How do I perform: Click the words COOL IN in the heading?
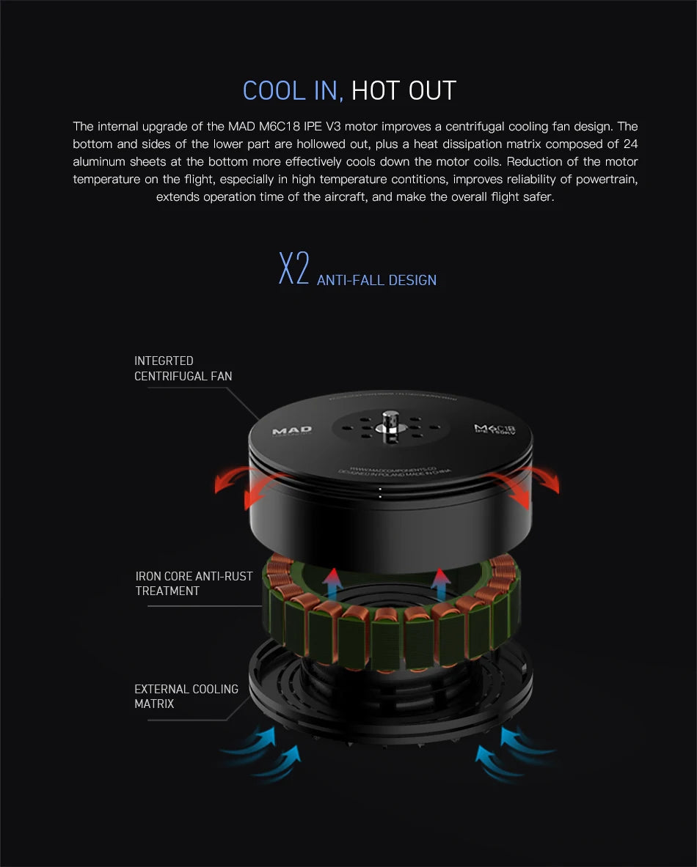point(292,91)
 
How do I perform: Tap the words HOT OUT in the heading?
point(404,91)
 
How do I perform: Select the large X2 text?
point(293,269)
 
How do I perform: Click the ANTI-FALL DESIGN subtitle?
point(376,280)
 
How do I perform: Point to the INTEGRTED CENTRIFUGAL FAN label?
point(183,369)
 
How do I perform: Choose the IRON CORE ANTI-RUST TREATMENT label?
point(194,583)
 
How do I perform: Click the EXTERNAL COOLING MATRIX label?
point(186,696)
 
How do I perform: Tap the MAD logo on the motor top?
point(292,431)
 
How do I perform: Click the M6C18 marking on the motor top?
point(494,429)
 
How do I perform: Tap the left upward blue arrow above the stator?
point(332,583)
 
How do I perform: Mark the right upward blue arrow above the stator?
point(441,583)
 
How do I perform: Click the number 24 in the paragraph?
point(630,144)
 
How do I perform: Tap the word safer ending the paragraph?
point(538,197)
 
